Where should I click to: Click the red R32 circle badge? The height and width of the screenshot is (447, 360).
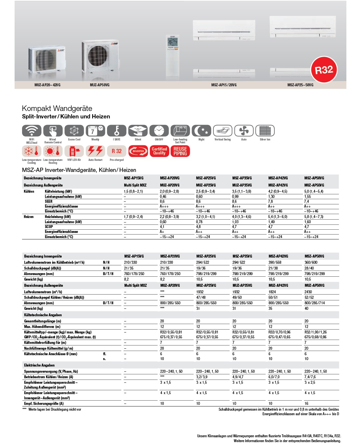point(324,70)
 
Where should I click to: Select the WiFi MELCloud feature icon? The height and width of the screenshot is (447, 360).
point(31,131)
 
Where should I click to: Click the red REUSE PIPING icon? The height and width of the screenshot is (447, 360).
point(180,151)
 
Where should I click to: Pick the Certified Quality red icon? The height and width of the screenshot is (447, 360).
point(159,151)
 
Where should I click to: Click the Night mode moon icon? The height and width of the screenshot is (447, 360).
point(201,131)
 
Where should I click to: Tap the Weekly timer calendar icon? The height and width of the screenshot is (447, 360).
point(95,131)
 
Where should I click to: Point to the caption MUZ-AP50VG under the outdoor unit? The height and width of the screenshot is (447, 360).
point(100,85)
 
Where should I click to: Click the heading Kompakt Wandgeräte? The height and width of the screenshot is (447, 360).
point(57,108)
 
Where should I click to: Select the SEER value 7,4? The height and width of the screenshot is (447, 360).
point(307,201)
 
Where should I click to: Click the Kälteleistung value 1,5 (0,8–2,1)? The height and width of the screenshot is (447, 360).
point(133,191)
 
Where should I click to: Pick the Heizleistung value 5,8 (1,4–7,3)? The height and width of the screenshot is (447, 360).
point(314,217)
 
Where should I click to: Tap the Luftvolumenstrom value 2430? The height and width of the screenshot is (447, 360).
point(308,292)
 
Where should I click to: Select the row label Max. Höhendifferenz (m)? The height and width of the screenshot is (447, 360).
point(42,327)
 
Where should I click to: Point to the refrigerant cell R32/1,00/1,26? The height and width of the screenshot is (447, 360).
point(316,332)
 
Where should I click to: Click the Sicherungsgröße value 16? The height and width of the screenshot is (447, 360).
point(306,404)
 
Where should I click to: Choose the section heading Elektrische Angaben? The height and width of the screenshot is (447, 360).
point(39,365)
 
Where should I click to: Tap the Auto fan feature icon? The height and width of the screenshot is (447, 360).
point(244,131)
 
